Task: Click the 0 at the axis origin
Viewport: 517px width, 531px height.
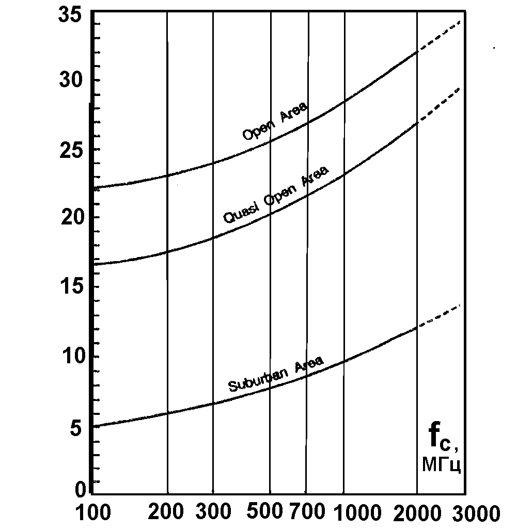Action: pos(80,488)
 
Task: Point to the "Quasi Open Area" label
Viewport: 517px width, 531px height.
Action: pos(275,195)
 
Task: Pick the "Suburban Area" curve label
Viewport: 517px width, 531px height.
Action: pos(276,374)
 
